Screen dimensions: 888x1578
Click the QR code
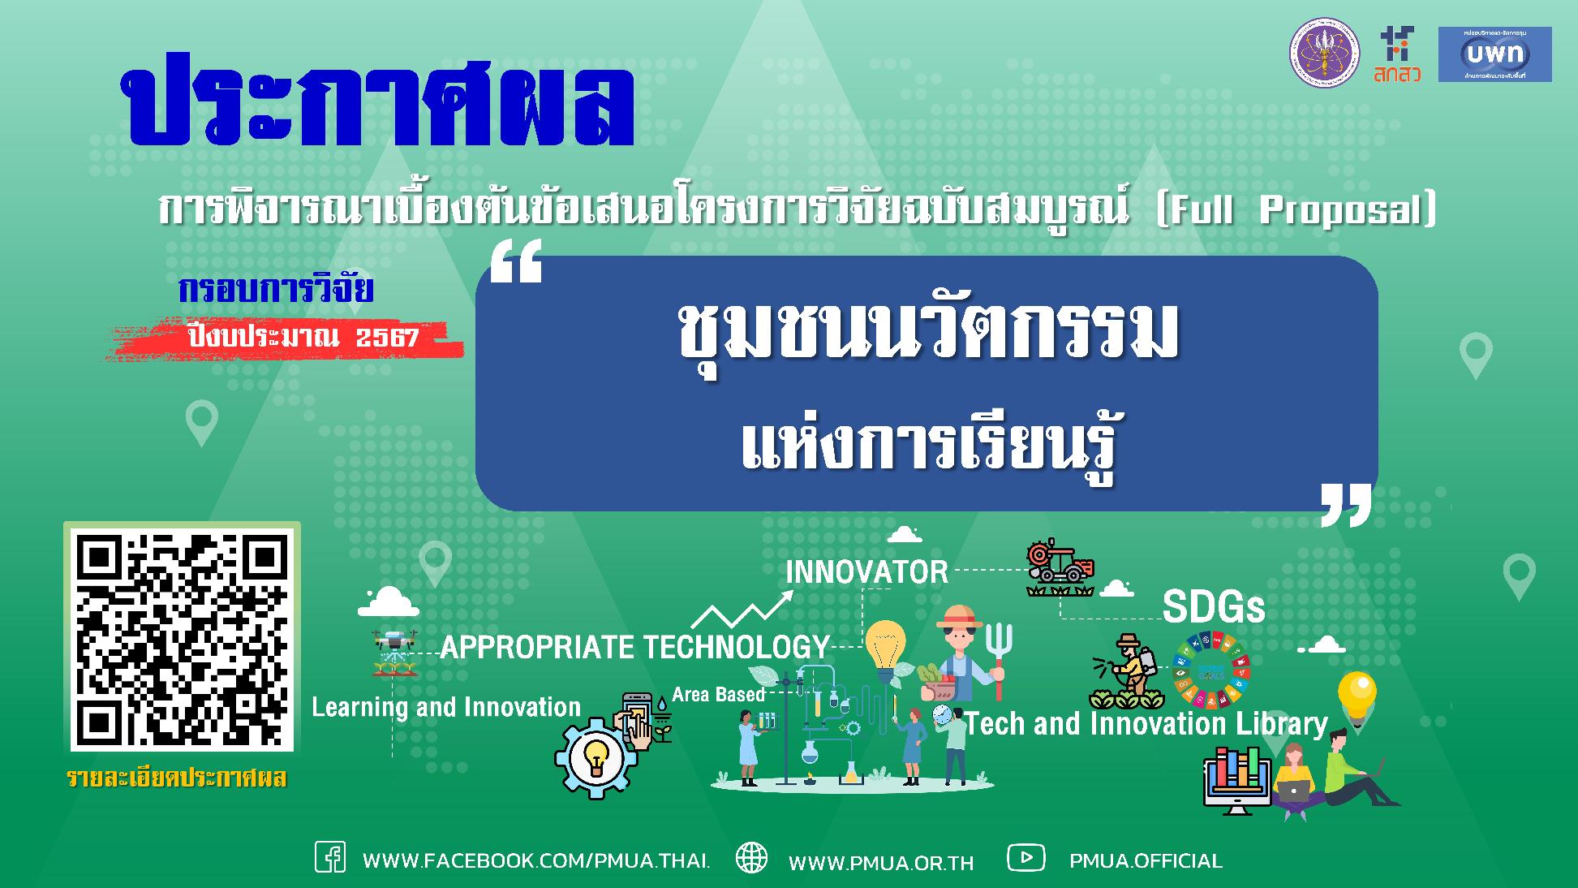click(x=182, y=640)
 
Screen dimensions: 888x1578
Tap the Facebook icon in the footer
click(x=330, y=858)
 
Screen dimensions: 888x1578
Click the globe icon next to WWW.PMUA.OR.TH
click(x=751, y=858)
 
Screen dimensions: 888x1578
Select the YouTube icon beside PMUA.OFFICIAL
click(x=1025, y=857)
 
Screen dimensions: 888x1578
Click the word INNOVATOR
click(x=866, y=572)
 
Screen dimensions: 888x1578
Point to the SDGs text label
click(x=1213, y=607)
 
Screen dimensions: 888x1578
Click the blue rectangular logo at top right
click(x=1494, y=54)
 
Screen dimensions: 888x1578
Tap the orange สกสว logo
click(x=1397, y=55)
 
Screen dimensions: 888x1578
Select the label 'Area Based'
click(x=718, y=695)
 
